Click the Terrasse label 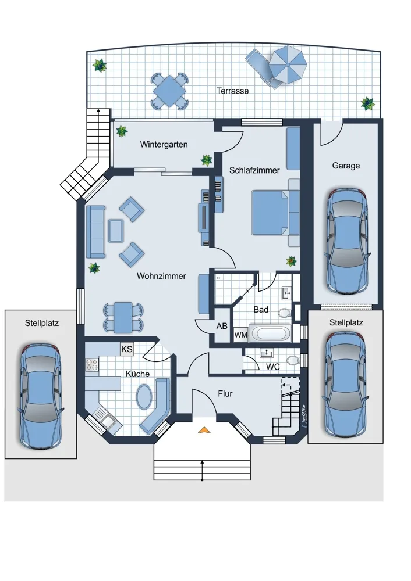pyautogui.click(x=232, y=91)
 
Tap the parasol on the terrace pyautogui.click(x=288, y=65)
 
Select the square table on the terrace pyautogui.click(x=169, y=91)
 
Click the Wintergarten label pyautogui.click(x=164, y=145)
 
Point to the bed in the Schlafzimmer pyautogui.click(x=271, y=213)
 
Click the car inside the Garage pyautogui.click(x=347, y=241)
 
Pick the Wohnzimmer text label pyautogui.click(x=161, y=276)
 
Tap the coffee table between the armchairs pyautogui.click(x=116, y=231)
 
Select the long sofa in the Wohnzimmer pyautogui.click(x=96, y=232)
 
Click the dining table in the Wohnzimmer pyautogui.click(x=123, y=317)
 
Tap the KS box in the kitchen pyautogui.click(x=127, y=349)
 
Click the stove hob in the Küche pyautogui.click(x=92, y=365)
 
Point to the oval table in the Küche pyautogui.click(x=144, y=397)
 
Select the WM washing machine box pyautogui.click(x=240, y=335)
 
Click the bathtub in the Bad pyautogui.click(x=270, y=333)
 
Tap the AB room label pyautogui.click(x=222, y=326)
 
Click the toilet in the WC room pyautogui.click(x=293, y=360)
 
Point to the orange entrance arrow pyautogui.click(x=203, y=430)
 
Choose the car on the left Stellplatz pyautogui.click(x=40, y=396)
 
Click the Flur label pyautogui.click(x=225, y=394)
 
